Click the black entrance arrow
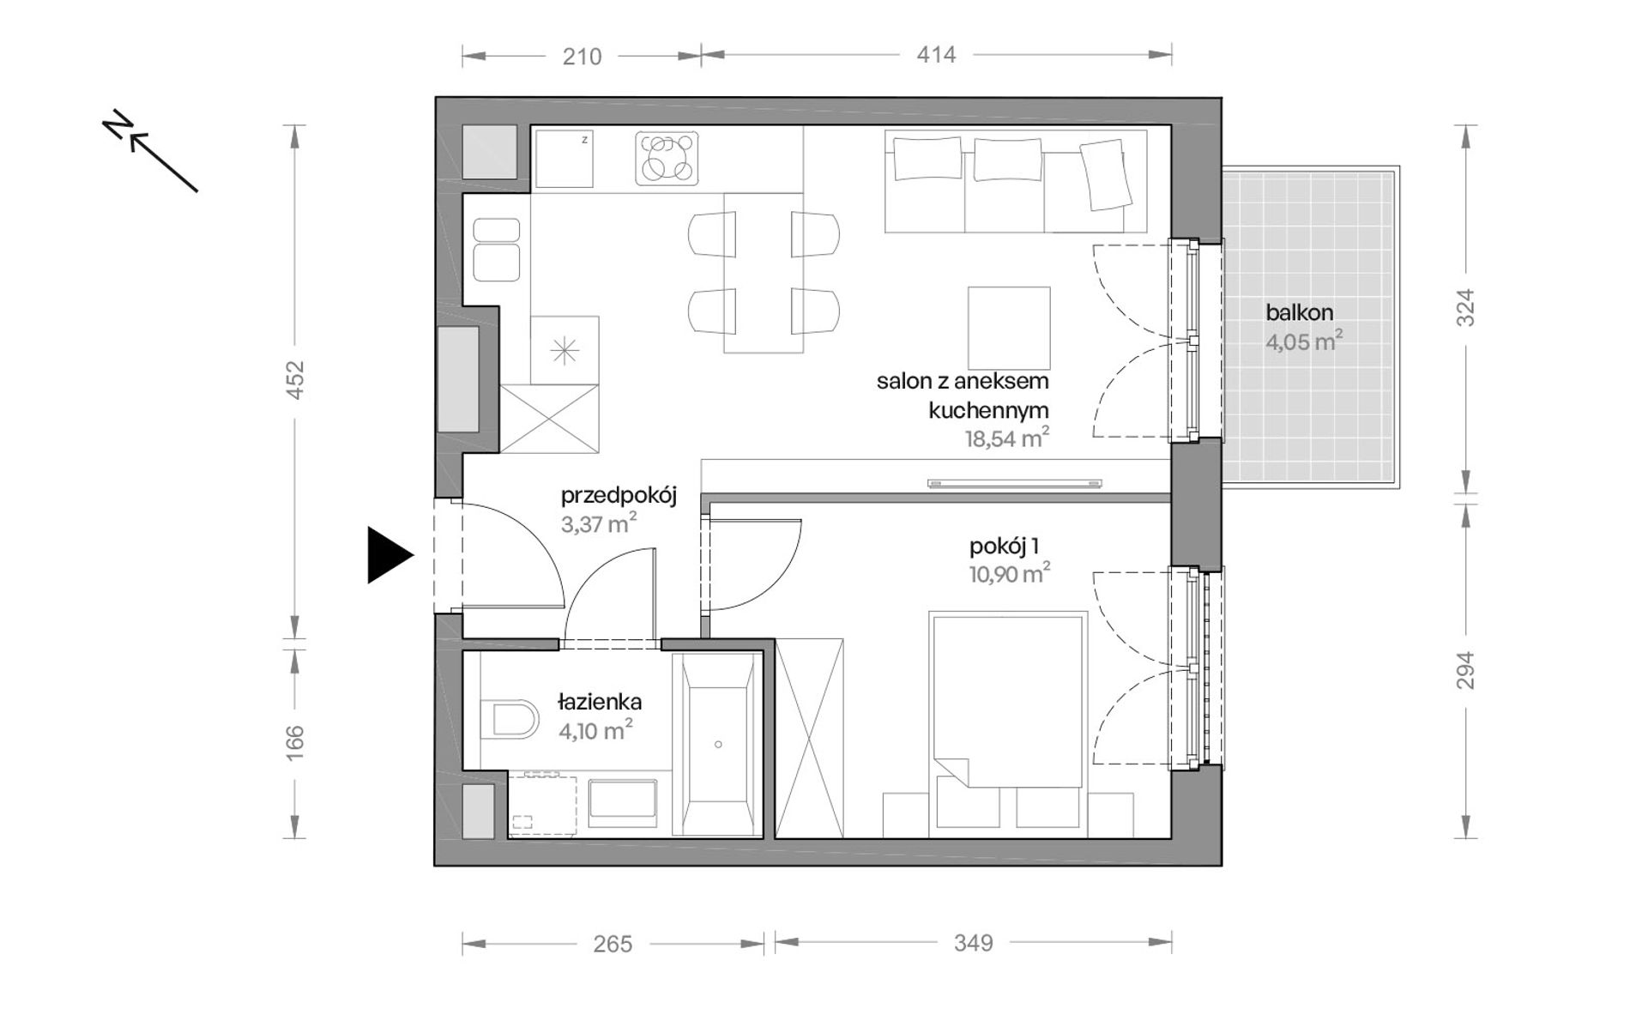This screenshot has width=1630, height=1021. [x=388, y=555]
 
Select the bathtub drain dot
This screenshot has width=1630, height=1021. [x=718, y=745]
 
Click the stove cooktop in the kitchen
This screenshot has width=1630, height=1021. [x=667, y=158]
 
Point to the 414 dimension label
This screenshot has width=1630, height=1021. [x=935, y=56]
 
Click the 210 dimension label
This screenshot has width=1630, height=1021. [x=582, y=57]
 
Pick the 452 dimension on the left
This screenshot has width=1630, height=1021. [x=294, y=380]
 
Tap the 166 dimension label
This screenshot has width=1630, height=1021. [x=294, y=743]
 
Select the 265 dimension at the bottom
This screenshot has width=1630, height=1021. [x=613, y=944]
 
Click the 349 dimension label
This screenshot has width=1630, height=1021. [x=973, y=944]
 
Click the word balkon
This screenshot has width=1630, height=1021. [x=1299, y=313]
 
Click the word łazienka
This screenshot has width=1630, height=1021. [x=600, y=702]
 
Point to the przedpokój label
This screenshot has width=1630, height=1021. [x=619, y=497]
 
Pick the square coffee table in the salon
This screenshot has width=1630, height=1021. [x=1009, y=328]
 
